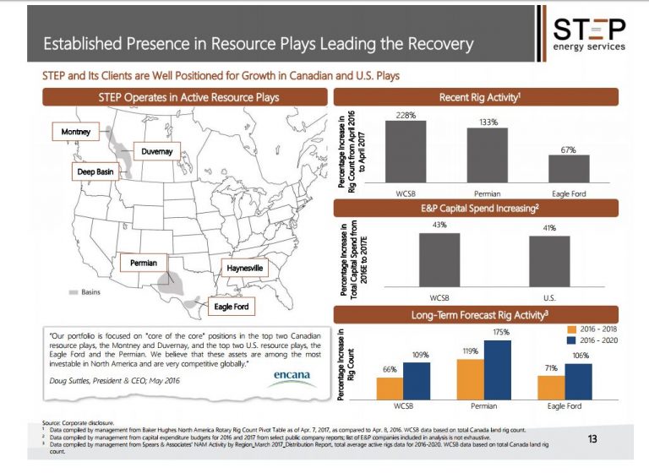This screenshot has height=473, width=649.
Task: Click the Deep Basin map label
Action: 90,171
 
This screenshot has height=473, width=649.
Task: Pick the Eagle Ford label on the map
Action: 229,307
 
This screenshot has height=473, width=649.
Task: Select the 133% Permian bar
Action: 487,156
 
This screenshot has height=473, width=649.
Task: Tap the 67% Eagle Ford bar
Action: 567,168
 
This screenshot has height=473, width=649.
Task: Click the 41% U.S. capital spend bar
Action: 550,263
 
